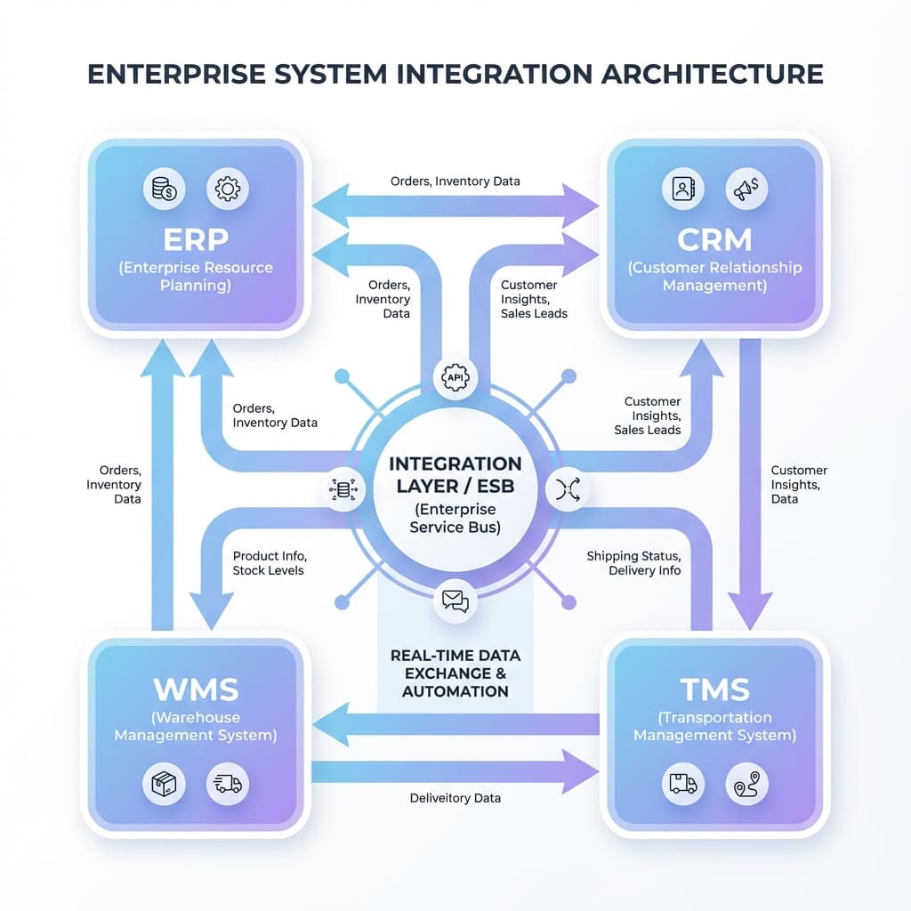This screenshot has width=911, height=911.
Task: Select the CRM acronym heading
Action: coord(714,239)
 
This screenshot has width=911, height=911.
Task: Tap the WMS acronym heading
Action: coord(195,689)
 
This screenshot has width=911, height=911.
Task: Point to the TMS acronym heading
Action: coord(714,689)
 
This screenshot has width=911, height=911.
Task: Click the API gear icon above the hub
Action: coord(455,377)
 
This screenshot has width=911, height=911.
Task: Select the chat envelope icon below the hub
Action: coord(455,601)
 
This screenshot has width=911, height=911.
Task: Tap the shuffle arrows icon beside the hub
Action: coord(567,489)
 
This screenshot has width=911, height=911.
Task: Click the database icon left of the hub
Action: coord(343,489)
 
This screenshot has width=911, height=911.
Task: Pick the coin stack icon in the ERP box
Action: coord(164,189)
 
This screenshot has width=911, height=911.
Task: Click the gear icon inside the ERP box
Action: coord(228,189)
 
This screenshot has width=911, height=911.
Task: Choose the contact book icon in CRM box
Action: coord(683,189)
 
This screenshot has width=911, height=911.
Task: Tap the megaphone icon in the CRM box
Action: coord(746,189)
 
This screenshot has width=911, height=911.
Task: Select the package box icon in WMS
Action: coord(164,783)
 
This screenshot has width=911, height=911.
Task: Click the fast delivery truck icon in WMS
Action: coord(228,783)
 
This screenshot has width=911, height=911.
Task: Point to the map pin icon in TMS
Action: coord(746,783)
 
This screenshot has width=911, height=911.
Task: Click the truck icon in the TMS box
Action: coord(683,783)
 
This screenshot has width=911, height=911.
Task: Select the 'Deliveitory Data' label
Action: coord(455,798)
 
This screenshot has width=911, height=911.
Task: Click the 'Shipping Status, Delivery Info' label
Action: coord(633,563)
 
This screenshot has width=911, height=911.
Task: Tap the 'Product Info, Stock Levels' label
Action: coord(270,563)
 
